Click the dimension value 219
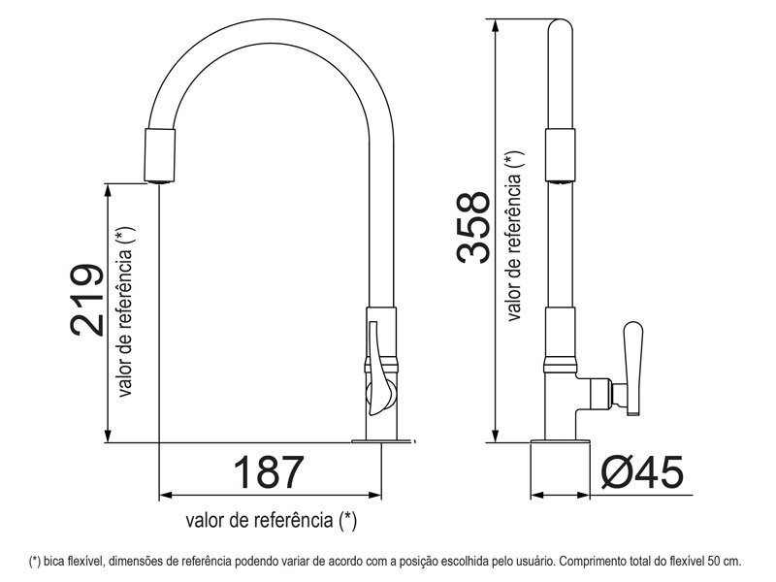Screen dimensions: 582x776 click(86, 300)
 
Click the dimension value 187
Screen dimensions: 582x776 click(269, 472)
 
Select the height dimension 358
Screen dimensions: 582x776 click(473, 227)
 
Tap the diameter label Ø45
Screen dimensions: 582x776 click(641, 472)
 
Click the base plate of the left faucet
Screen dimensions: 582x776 click(383, 441)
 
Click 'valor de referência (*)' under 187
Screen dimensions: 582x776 click(272, 520)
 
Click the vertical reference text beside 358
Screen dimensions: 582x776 click(514, 236)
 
